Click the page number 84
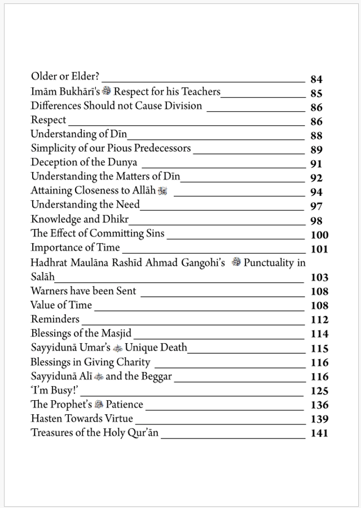tap(316, 80)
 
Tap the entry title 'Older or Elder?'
tap(65, 77)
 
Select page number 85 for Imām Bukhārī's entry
tap(316, 94)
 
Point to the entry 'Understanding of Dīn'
tap(78, 134)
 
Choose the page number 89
tap(316, 150)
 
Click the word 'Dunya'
tap(123, 163)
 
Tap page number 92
tap(316, 178)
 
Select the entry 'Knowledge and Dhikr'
tap(80, 219)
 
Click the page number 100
tap(319, 235)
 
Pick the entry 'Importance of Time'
tap(75, 247)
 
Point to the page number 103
tap(319, 278)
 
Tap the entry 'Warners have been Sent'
tap(83, 291)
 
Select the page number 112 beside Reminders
tap(319, 320)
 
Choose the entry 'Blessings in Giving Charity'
tap(90, 362)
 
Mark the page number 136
tap(319, 405)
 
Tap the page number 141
tap(319, 433)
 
